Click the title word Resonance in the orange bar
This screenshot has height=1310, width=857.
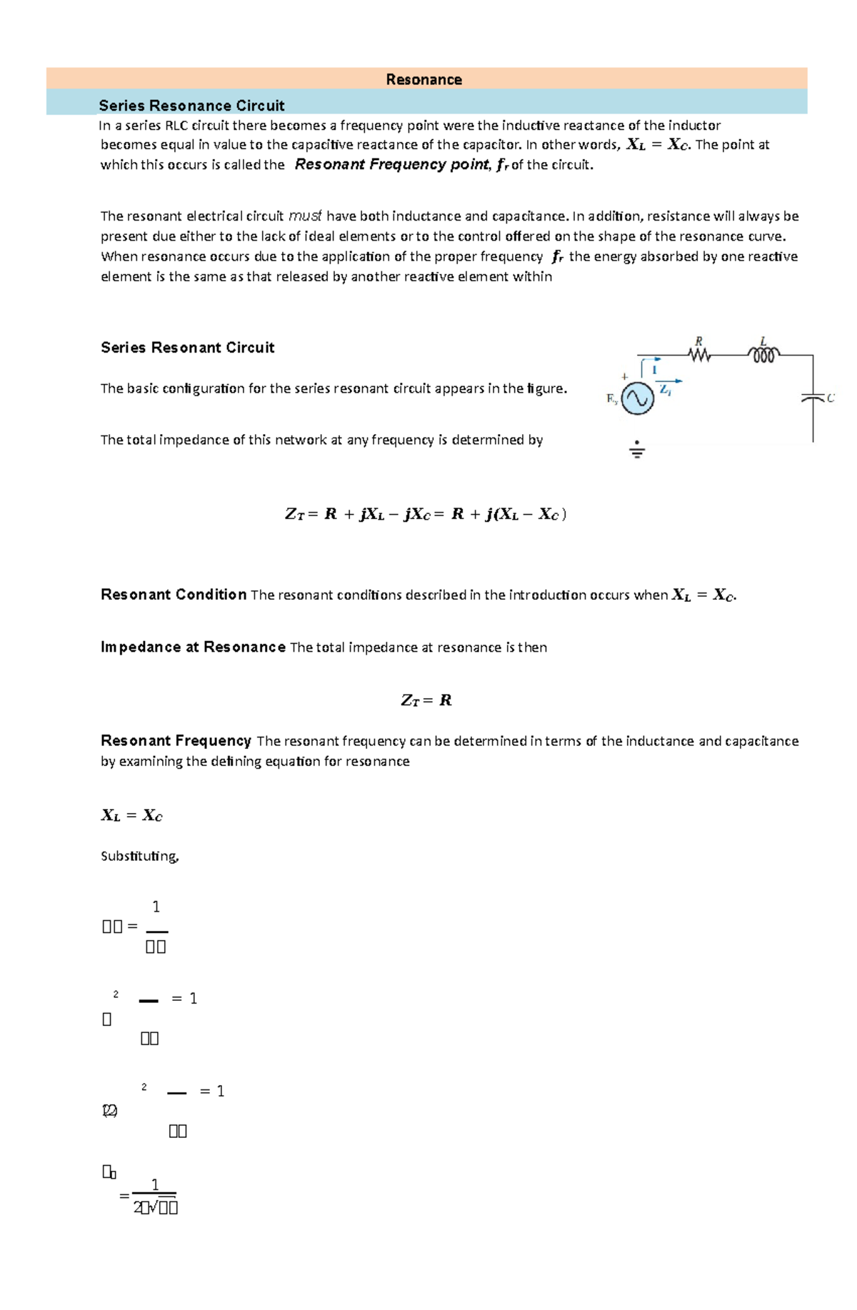(x=424, y=79)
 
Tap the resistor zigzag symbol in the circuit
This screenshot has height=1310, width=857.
(x=700, y=355)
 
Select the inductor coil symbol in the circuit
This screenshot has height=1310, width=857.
(x=763, y=355)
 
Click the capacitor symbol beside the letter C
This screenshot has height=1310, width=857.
(x=813, y=398)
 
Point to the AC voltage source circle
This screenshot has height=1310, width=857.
(x=637, y=398)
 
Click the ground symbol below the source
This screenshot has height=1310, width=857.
(x=637, y=450)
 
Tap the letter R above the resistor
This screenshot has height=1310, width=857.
(x=698, y=341)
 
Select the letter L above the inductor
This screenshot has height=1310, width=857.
(x=763, y=341)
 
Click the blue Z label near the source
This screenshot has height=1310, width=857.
(x=665, y=390)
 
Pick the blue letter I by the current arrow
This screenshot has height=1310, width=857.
(x=654, y=369)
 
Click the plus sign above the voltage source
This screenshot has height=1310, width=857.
(x=625, y=376)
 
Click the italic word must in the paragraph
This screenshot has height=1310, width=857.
(x=305, y=216)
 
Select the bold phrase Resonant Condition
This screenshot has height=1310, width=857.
(x=174, y=595)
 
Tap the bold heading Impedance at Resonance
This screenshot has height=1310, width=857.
(x=193, y=647)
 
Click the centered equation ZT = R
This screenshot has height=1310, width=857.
(x=426, y=700)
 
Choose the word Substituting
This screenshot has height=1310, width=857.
(x=139, y=855)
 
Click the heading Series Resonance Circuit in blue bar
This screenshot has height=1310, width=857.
(x=191, y=106)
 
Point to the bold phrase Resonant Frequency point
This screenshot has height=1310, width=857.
(x=392, y=164)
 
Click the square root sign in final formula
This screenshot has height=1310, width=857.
(x=154, y=1206)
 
